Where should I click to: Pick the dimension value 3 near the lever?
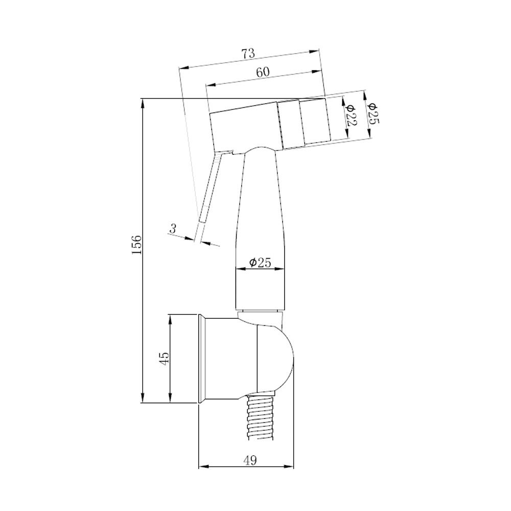pyautogui.click(x=173, y=229)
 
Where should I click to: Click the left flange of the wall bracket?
pyautogui.click(x=202, y=359)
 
